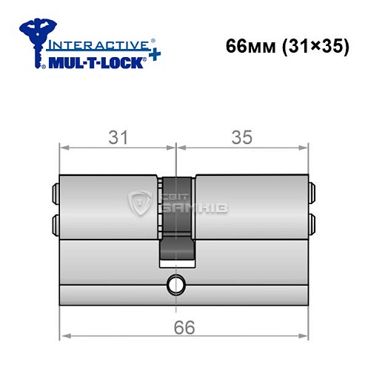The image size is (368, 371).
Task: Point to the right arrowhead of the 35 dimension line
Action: click(304, 147)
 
